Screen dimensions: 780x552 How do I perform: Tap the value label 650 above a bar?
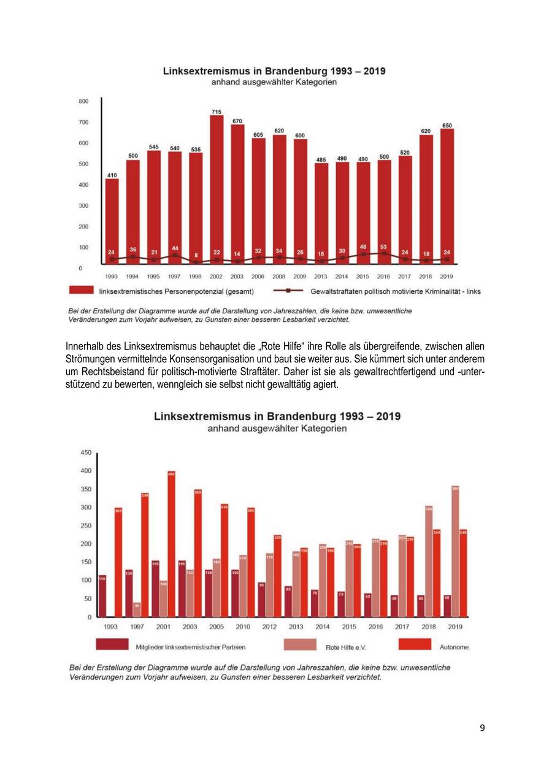coord(447,125)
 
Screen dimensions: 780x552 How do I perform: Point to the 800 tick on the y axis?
coord(83,101)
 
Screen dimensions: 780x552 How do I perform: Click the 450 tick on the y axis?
coord(86,453)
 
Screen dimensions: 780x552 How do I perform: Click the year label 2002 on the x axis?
coord(216,277)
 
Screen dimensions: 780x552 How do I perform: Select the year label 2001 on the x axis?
coord(163,627)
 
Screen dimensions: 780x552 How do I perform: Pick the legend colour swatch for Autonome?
coord(415,644)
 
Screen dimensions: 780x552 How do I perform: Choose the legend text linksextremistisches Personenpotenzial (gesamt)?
coord(177,291)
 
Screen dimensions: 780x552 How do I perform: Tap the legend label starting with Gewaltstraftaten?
coord(396,291)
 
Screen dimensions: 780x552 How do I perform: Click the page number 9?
coord(482,728)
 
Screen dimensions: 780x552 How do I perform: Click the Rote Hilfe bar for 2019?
coord(455,551)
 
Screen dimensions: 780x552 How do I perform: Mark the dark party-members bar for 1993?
coord(102,595)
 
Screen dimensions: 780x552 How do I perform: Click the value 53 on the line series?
coord(384,247)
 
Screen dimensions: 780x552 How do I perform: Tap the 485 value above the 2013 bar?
coord(321,159)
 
